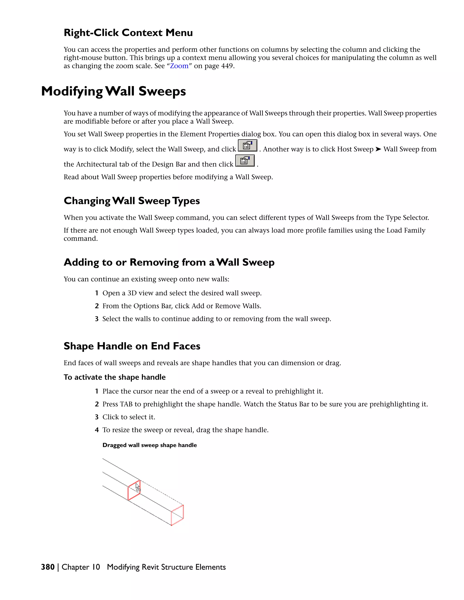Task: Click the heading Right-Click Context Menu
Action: (128, 33)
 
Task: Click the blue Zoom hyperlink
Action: (179, 66)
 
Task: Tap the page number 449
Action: (227, 66)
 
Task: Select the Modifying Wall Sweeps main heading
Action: (113, 91)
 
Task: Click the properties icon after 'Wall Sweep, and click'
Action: (247, 146)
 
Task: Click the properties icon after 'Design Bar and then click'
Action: (245, 161)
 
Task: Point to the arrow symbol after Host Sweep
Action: (378, 149)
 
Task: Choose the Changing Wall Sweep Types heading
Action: (132, 201)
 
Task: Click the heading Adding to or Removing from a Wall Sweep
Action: (169, 262)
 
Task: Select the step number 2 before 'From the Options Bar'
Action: (97, 306)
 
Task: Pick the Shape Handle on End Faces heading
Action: (132, 346)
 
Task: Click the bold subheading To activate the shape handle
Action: (115, 377)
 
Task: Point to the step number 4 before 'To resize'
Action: (97, 430)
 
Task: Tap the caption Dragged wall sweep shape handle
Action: (150, 445)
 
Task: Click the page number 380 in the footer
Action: (48, 567)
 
